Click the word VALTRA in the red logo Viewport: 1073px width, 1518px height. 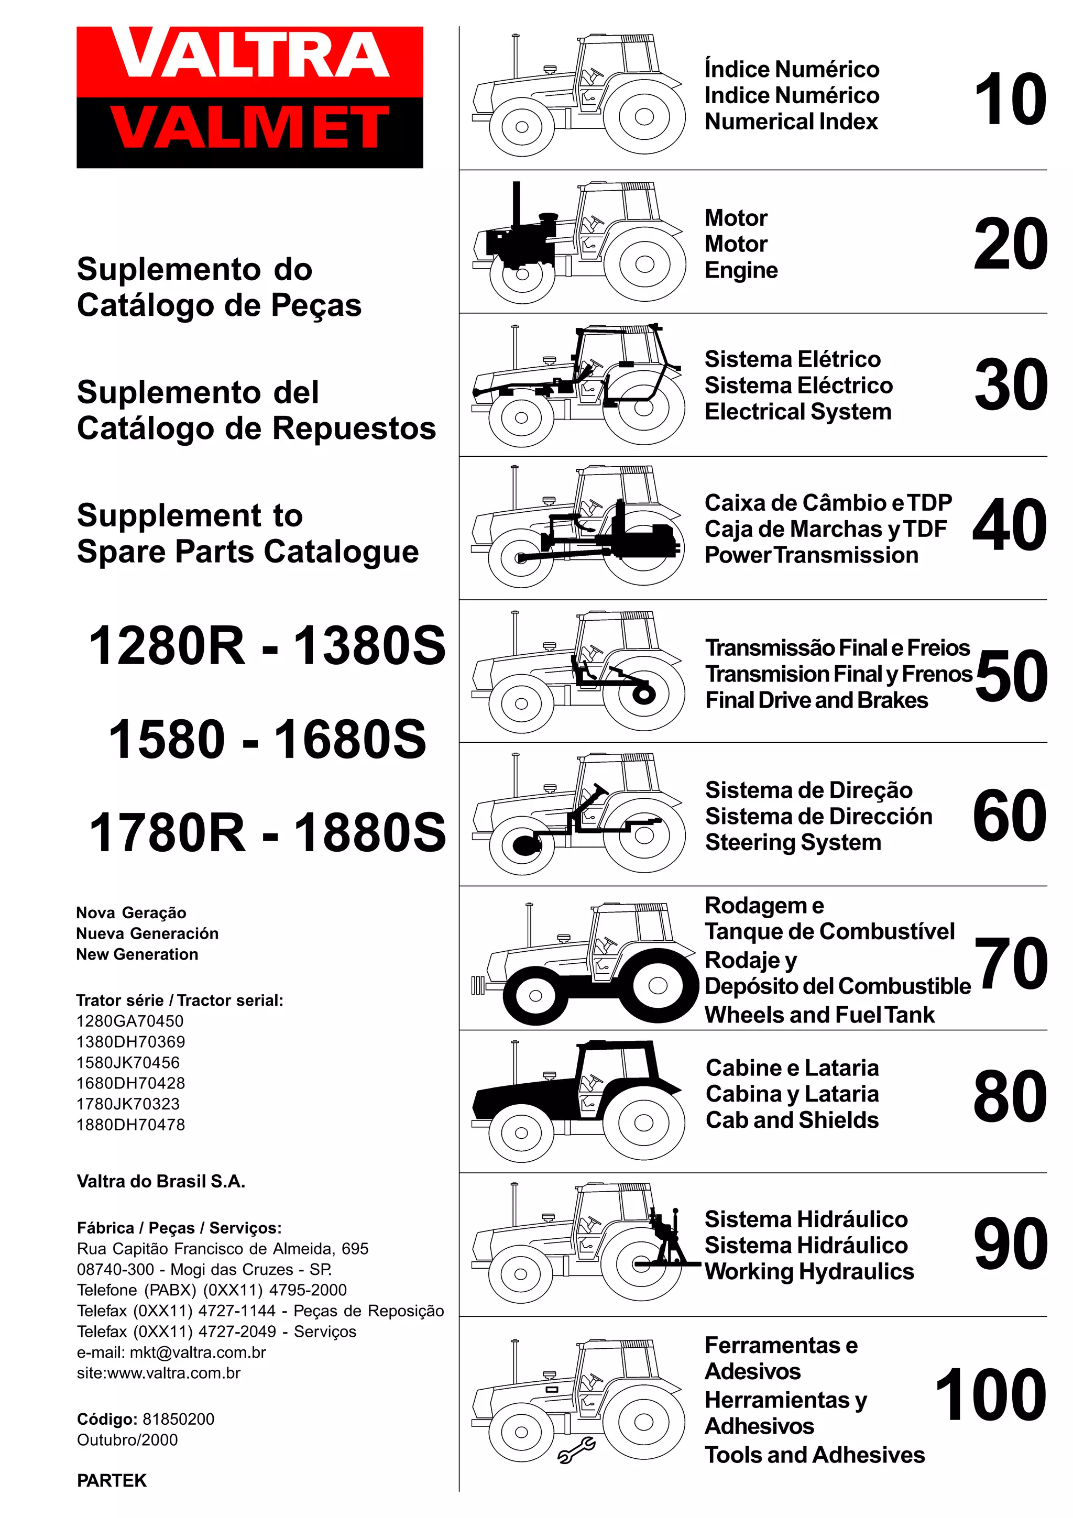[250, 56]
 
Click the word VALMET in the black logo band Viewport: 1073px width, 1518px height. [250, 128]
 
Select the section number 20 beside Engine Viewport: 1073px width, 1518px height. [1010, 245]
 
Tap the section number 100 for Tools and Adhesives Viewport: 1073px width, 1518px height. [990, 1395]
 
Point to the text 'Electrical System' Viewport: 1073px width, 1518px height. [797, 412]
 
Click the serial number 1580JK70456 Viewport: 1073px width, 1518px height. [128, 1062]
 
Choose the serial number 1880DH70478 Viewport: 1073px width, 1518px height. [130, 1124]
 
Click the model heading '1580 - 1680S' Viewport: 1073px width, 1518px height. [267, 739]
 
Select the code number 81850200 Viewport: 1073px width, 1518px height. [179, 1419]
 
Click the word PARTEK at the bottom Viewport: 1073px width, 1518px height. [112, 1480]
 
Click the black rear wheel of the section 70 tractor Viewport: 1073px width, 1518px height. [656, 985]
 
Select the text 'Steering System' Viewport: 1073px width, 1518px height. [793, 842]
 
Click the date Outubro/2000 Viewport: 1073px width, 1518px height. [127, 1439]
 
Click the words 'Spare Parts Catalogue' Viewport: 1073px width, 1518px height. [247, 552]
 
